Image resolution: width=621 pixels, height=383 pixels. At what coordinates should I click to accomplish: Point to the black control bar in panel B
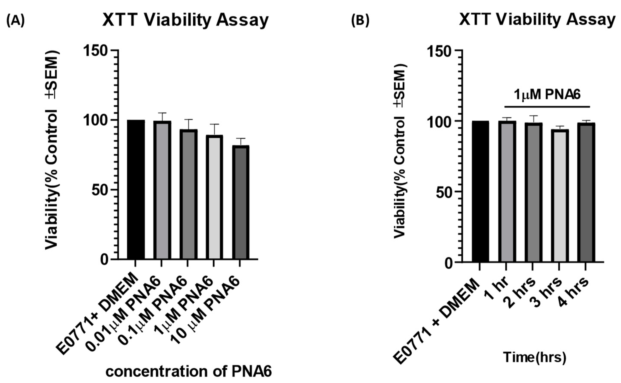click(x=480, y=191)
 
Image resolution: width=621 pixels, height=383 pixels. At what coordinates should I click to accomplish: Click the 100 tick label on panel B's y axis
click(x=439, y=122)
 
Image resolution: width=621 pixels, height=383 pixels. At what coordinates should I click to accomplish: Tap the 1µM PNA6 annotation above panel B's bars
click(x=547, y=95)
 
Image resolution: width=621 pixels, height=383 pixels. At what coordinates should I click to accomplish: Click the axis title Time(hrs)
click(x=534, y=357)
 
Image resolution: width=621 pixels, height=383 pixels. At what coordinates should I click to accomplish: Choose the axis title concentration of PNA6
click(x=189, y=372)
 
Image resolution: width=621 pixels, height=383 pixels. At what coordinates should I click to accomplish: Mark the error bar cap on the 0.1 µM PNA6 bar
click(x=188, y=119)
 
